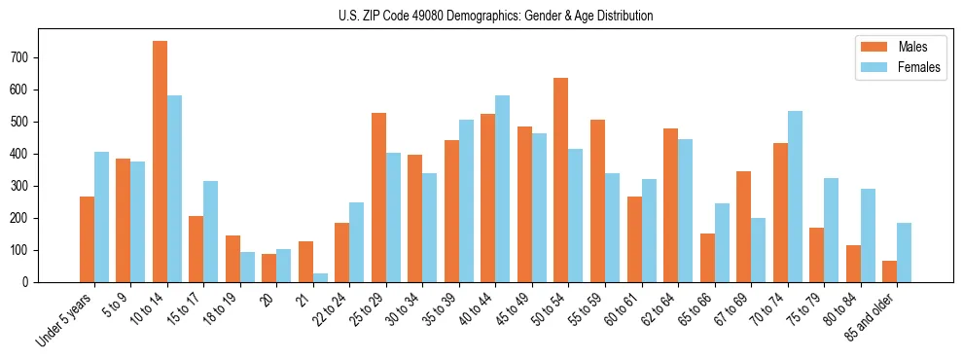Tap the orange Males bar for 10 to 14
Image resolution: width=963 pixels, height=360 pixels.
160,162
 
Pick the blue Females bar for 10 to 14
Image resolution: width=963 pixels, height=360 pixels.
174,189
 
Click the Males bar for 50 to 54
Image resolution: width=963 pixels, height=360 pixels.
560,180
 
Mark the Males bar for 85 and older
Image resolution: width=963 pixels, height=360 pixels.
889,271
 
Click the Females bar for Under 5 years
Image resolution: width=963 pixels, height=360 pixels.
101,217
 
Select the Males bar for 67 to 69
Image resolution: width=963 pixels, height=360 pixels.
743,227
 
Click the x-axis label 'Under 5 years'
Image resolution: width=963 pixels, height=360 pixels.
65,318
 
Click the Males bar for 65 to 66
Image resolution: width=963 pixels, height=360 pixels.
707,258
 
